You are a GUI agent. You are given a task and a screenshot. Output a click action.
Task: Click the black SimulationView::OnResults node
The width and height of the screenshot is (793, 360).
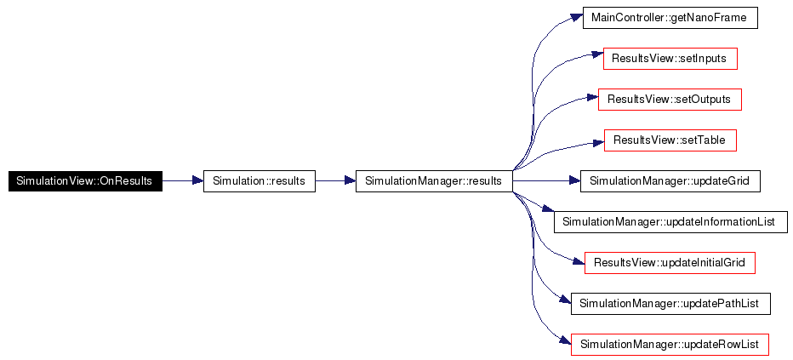[85, 181]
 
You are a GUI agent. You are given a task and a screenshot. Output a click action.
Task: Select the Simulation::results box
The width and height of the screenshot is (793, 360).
[259, 181]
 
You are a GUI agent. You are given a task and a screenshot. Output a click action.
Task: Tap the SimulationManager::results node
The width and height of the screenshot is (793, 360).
[434, 181]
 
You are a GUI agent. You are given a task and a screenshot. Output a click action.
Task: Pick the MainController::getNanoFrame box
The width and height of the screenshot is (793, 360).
[670, 18]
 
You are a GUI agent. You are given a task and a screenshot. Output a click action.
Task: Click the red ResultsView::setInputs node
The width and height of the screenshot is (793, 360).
[670, 59]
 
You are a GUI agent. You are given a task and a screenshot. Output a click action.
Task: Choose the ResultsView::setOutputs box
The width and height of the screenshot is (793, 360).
[670, 100]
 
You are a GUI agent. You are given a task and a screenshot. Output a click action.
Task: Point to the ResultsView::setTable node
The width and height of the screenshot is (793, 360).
[670, 140]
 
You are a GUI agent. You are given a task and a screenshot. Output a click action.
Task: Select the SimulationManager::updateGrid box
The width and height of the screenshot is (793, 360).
[670, 181]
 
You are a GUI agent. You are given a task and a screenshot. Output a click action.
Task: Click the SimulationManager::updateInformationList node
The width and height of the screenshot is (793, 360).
[671, 222]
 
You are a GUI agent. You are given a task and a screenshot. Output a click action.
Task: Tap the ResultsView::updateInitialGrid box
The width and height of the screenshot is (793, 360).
[670, 263]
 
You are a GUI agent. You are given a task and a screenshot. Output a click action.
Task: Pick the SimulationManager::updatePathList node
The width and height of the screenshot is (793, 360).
[670, 304]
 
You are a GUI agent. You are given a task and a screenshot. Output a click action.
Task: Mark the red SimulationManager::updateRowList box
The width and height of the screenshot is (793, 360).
[670, 345]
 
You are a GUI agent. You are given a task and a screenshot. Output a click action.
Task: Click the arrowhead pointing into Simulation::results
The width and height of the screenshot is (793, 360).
[197, 180]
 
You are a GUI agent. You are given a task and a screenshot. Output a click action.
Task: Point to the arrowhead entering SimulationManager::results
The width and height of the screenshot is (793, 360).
[350, 180]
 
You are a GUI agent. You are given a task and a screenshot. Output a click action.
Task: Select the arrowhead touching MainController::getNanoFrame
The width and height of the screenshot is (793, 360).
[577, 17]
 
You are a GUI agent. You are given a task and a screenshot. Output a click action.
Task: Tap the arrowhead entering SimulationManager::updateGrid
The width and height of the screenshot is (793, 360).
[574, 180]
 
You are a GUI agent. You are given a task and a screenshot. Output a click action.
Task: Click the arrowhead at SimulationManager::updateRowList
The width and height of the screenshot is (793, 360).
[566, 340]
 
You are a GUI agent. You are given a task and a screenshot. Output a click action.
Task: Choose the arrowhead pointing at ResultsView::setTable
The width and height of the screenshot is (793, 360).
[598, 143]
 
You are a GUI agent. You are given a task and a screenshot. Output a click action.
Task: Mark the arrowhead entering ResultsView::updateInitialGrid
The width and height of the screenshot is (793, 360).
[579, 261]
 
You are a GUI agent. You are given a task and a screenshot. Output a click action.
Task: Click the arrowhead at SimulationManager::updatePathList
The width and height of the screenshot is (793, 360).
[566, 300]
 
